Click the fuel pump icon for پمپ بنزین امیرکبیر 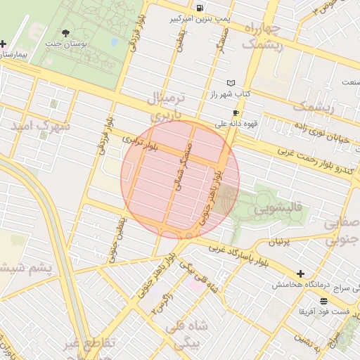pos(202,8)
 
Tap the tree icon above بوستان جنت pos(66,33)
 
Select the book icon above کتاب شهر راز pos(231,83)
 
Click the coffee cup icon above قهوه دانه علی pos(236,112)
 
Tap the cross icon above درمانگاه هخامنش pos(301,274)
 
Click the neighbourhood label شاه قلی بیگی pos(184,336)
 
